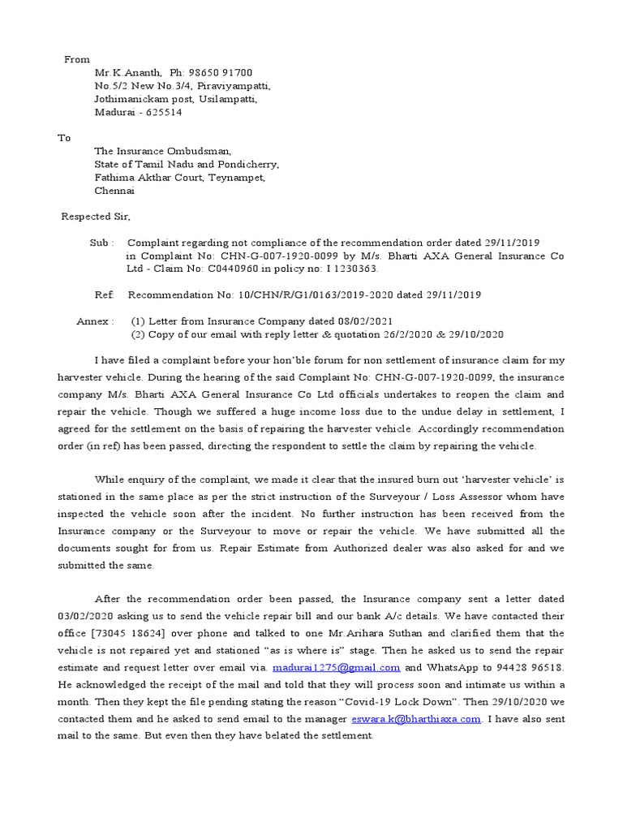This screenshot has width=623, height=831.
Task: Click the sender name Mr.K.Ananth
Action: click(x=122, y=73)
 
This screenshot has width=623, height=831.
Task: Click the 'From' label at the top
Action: click(x=77, y=59)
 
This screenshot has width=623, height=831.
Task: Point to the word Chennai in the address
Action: click(x=114, y=191)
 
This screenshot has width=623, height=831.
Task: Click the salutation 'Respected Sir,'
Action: click(x=96, y=217)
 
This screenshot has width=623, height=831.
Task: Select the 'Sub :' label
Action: click(x=101, y=243)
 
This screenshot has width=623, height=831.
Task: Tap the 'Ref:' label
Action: click(x=105, y=295)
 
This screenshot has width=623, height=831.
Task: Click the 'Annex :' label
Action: click(x=95, y=321)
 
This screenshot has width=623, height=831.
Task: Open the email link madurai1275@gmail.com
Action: click(x=337, y=667)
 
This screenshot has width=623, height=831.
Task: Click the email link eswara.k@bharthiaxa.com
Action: click(x=418, y=720)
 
